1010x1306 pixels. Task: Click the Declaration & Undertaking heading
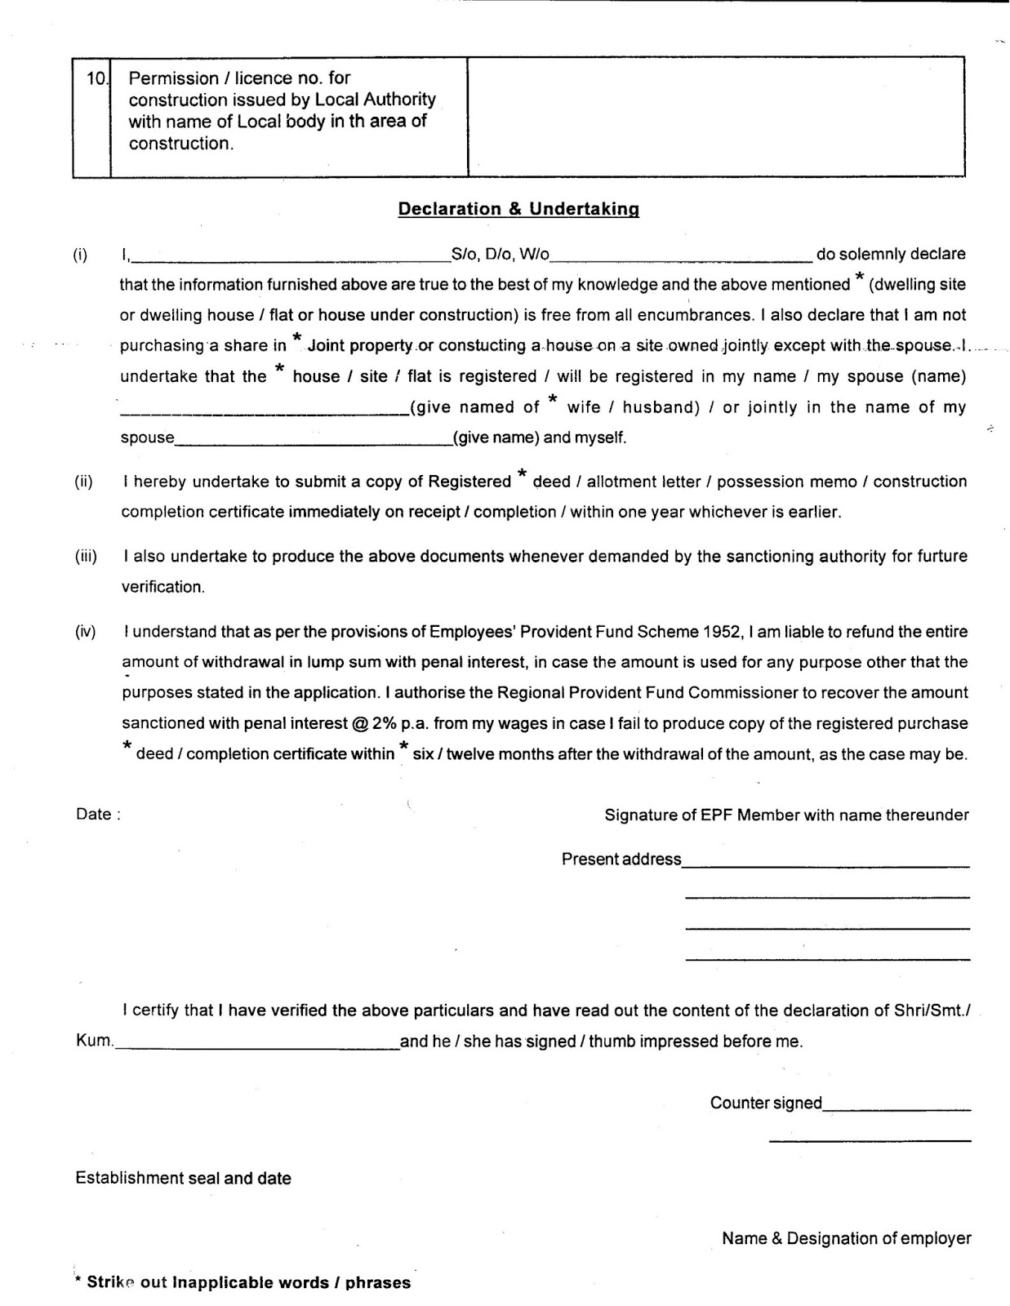(518, 209)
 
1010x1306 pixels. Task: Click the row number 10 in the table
(95, 79)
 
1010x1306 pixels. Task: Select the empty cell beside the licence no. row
(716, 116)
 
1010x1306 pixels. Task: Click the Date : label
(98, 815)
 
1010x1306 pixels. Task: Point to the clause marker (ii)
(83, 482)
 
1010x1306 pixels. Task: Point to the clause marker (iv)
(85, 632)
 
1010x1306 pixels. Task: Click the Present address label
(621, 860)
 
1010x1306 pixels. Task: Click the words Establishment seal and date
(183, 1179)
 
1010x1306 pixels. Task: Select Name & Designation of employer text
(846, 1239)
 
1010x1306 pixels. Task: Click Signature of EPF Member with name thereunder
(786, 815)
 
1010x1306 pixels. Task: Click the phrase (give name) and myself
(540, 438)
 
